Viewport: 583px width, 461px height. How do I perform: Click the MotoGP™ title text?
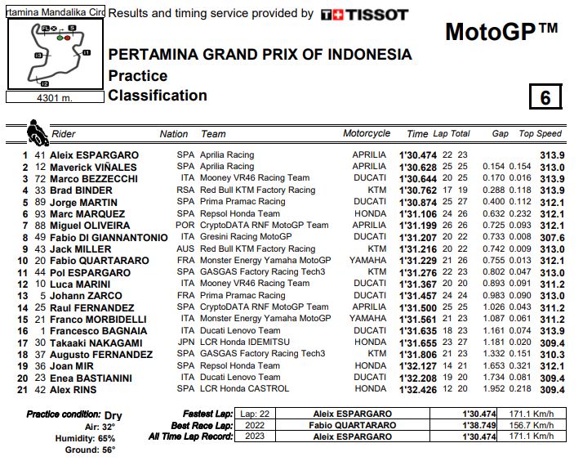(501, 32)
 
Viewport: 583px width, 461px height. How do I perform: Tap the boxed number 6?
(545, 97)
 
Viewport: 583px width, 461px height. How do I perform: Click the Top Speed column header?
(540, 134)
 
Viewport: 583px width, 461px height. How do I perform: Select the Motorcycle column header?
(367, 134)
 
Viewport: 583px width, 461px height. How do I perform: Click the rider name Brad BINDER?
(82, 190)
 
